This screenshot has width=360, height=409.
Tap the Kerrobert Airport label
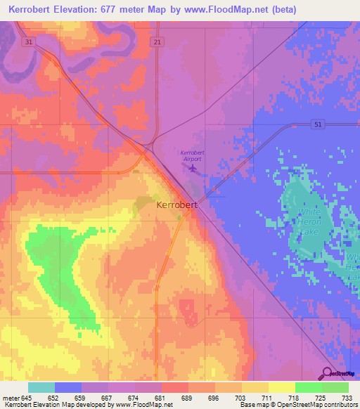(191, 156)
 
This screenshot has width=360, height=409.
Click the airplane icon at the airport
(193, 168)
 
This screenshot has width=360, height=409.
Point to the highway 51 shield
(318, 124)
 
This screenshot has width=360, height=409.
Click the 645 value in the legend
(28, 398)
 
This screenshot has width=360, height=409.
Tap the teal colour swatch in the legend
(41, 387)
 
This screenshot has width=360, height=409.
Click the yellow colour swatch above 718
(282, 387)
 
